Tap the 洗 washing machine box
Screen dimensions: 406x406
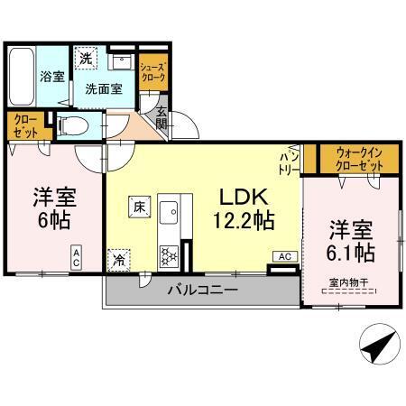[x=84, y=58]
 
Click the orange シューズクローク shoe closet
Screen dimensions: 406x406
[x=151, y=72]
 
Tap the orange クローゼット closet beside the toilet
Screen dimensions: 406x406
[x=21, y=125]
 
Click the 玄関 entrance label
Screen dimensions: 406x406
[x=161, y=118]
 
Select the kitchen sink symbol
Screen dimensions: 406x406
[x=169, y=213]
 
